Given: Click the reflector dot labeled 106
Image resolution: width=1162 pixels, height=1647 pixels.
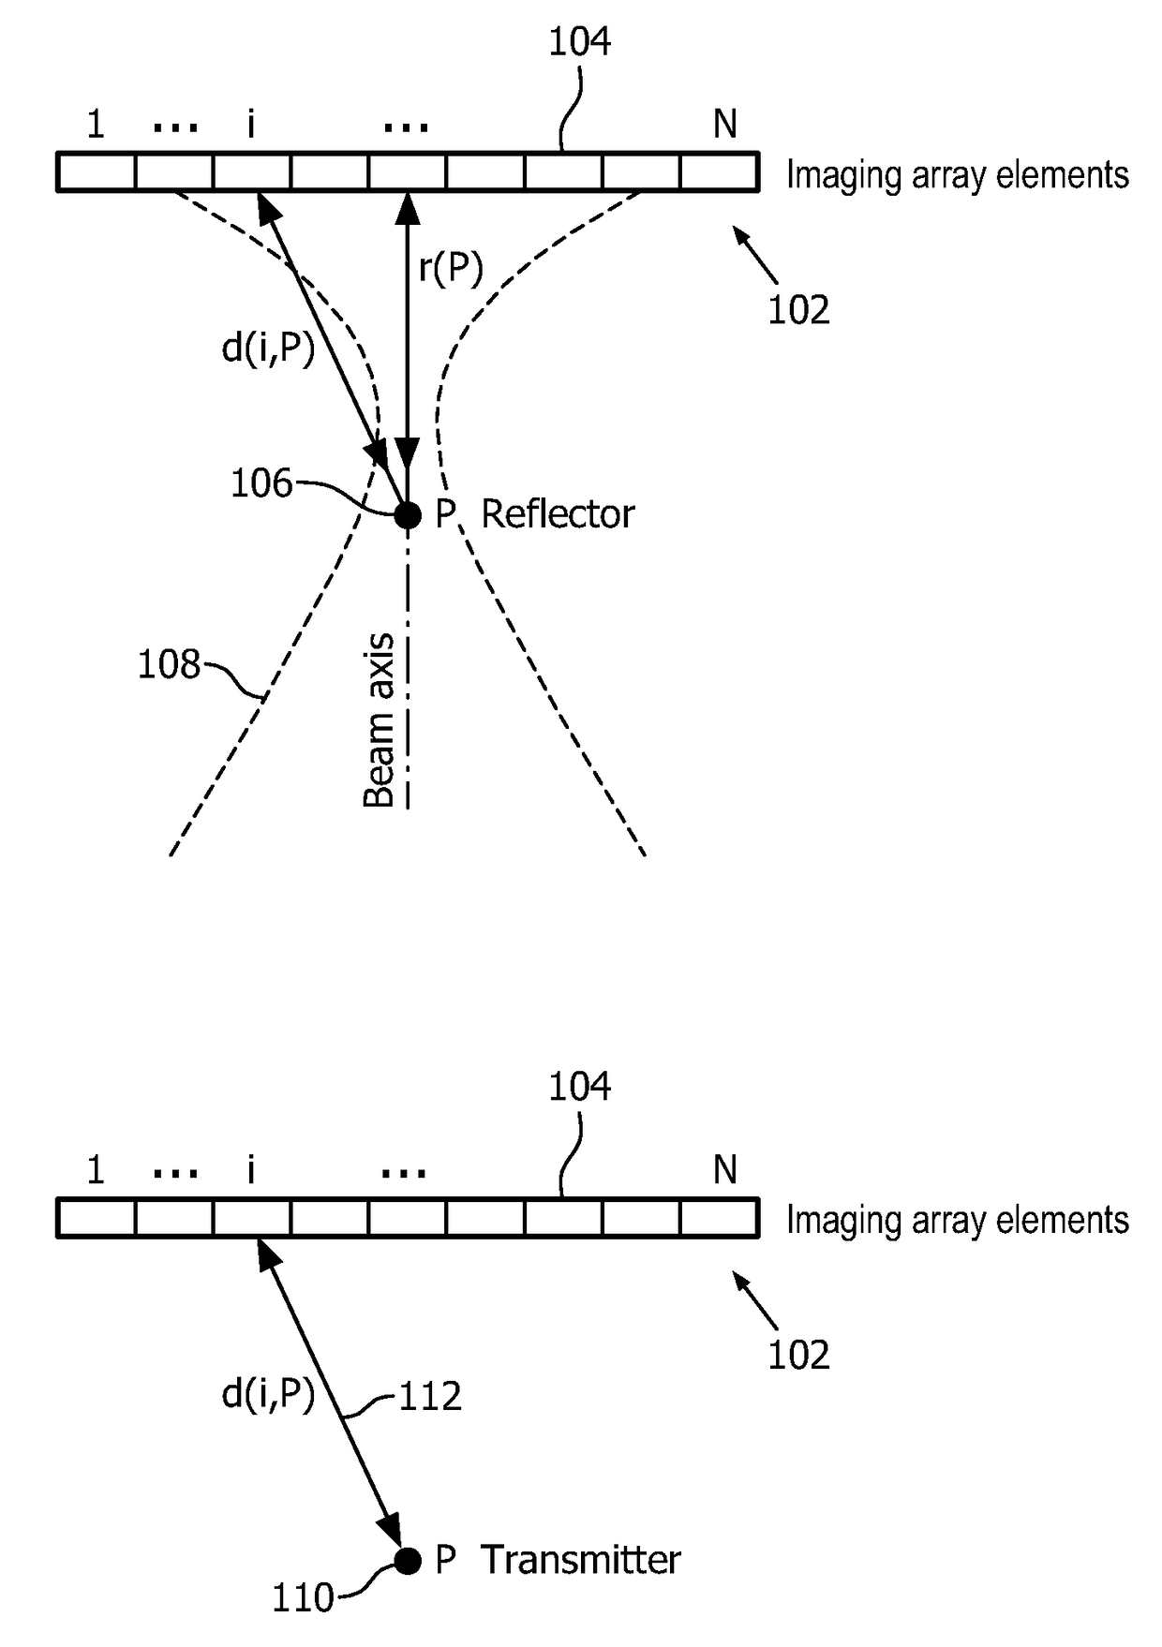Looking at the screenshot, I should click(408, 514).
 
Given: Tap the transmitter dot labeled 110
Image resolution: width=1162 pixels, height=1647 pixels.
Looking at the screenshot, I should click(408, 1561).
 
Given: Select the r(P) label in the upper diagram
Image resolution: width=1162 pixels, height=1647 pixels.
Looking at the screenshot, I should click(451, 269).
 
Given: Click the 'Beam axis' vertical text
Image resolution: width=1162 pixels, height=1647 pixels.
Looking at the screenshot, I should click(379, 720).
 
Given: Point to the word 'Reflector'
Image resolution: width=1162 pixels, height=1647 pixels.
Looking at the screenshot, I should click(558, 514).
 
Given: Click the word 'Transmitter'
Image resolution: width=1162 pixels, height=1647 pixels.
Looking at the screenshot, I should click(580, 1561).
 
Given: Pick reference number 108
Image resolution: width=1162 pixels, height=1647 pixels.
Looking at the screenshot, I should click(169, 665).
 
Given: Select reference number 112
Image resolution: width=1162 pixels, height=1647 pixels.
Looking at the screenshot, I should click(430, 1397).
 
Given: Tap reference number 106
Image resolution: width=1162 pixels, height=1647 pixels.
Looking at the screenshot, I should click(261, 484).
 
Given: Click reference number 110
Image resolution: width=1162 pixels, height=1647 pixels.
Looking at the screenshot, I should click(303, 1598).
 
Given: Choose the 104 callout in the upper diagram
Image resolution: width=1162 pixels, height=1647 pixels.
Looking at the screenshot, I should click(579, 42).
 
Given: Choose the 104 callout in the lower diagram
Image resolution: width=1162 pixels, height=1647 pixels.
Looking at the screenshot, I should click(579, 1087).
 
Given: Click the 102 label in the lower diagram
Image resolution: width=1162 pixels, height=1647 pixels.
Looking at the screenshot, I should click(798, 1356).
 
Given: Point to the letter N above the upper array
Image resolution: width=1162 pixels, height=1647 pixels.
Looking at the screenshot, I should click(724, 124).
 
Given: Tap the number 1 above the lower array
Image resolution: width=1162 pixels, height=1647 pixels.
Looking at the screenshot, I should click(95, 1170).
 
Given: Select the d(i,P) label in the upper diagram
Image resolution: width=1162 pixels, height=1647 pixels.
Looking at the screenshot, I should click(268, 349).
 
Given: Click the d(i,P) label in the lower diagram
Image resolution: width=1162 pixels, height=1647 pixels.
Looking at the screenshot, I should click(268, 1395).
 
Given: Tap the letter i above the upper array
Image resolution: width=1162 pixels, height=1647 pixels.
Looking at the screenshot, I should click(250, 124).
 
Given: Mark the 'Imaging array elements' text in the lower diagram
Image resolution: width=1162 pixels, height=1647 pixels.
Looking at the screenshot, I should click(957, 1220).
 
